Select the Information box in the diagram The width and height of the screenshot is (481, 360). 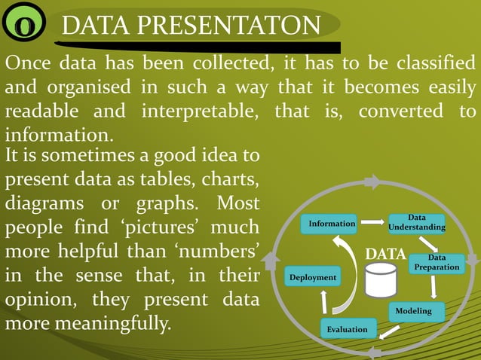pyautogui.click(x=331, y=224)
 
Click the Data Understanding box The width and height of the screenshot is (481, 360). pyautogui.click(x=416, y=223)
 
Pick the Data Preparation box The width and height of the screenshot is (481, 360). pyautogui.click(x=437, y=263)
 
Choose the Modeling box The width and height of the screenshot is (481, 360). pyautogui.click(x=413, y=311)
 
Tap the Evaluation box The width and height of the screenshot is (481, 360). pyautogui.click(x=348, y=329)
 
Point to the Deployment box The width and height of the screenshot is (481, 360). pyautogui.click(x=312, y=278)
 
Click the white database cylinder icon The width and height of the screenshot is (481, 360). pyautogui.click(x=380, y=279)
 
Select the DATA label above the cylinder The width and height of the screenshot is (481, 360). pyautogui.click(x=385, y=254)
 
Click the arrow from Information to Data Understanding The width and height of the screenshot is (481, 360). pyautogui.click(x=372, y=223)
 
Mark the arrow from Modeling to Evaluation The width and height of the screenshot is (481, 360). pyautogui.click(x=389, y=331)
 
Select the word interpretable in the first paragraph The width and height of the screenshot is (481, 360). pyautogui.click(x=198, y=111)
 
